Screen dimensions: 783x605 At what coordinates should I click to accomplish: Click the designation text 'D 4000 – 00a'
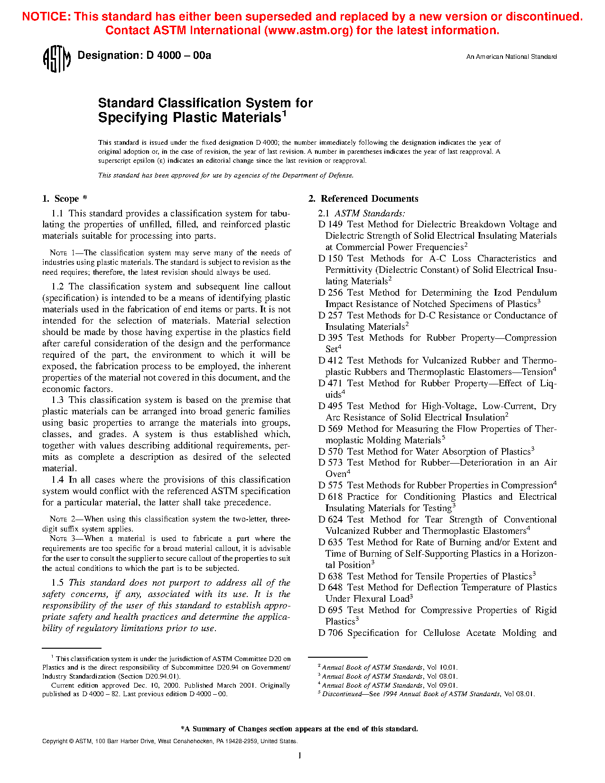coord(178,56)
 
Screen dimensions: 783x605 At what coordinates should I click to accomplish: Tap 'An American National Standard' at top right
coord(511,57)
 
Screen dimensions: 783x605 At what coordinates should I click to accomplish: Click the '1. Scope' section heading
coord(65,199)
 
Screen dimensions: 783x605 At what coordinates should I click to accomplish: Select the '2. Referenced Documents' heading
coord(363,199)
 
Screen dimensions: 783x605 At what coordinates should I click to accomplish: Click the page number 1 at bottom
coord(300,755)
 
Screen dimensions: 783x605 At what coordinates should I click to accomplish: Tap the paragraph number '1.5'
coord(57,583)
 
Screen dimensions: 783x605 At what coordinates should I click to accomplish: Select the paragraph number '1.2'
coord(57,287)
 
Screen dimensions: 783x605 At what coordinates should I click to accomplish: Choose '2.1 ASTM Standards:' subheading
coord(361,214)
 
